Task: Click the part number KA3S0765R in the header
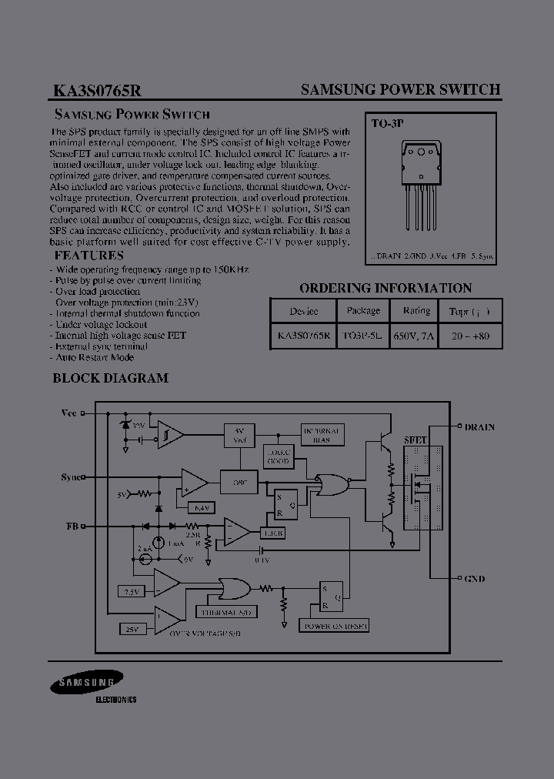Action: pyautogui.click(x=97, y=90)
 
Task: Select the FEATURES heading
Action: pyautogui.click(x=88, y=256)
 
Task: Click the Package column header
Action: pyautogui.click(x=363, y=311)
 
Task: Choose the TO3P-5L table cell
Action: pyautogui.click(x=363, y=336)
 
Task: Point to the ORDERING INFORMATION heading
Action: pyautogui.click(x=385, y=288)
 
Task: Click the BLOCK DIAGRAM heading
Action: pyautogui.click(x=110, y=378)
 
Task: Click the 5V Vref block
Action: pyautogui.click(x=239, y=435)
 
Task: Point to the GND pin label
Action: pyautogui.click(x=475, y=578)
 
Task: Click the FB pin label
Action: pyautogui.click(x=72, y=527)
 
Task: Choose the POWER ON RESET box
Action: pyautogui.click(x=335, y=626)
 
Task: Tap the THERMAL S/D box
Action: pyautogui.click(x=226, y=612)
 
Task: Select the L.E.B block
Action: pyautogui.click(x=273, y=533)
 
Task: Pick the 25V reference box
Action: pyautogui.click(x=131, y=629)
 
